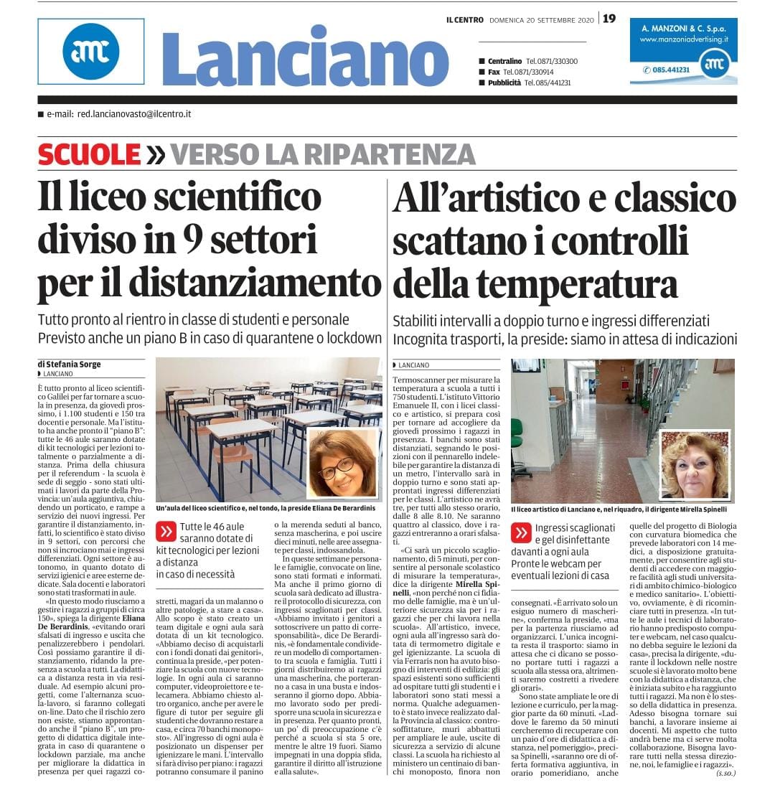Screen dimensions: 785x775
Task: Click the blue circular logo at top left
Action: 90,51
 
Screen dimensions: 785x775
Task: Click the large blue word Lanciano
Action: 304,57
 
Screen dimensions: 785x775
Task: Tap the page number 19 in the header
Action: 609,19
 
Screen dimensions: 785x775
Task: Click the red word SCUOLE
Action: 89,154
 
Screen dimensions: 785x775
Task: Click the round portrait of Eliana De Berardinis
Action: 343,463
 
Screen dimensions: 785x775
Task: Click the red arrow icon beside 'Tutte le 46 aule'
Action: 166,531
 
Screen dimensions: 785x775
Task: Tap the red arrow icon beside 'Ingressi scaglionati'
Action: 522,533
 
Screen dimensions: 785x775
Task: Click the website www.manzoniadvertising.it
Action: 683,39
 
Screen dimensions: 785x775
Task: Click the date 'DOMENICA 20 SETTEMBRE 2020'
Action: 542,19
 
